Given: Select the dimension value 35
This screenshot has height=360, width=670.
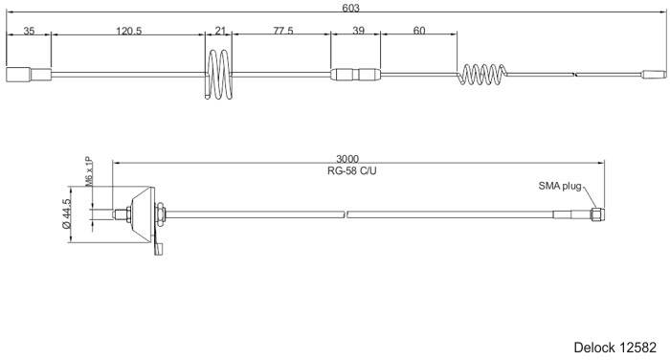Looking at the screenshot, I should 29,31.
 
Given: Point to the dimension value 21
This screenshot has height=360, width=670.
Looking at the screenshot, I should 221,31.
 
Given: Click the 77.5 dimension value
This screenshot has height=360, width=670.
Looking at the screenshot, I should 282,31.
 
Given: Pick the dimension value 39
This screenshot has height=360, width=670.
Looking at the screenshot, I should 358,31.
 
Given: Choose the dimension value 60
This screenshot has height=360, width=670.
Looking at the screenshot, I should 419,31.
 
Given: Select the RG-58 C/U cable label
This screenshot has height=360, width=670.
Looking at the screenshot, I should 348,171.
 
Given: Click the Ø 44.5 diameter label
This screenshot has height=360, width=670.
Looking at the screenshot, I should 66,214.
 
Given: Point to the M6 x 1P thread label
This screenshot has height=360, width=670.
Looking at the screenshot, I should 89,172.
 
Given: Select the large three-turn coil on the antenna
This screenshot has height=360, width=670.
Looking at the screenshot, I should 220,74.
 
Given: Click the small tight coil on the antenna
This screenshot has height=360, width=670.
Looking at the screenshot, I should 484,74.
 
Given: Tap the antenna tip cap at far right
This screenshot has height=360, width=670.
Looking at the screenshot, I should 654,73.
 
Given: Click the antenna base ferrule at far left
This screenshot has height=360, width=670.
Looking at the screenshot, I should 29,74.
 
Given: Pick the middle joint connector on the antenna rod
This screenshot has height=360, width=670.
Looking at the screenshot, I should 355,74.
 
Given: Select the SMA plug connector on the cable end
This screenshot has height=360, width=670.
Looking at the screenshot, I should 596,214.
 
